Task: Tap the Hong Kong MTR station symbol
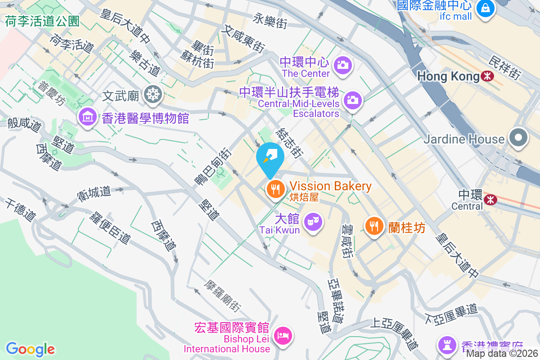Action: click(x=487, y=76)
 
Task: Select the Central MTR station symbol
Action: click(x=490, y=198)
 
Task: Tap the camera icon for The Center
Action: click(x=343, y=65)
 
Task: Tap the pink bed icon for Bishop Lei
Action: click(x=283, y=335)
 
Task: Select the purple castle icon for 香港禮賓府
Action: click(x=447, y=346)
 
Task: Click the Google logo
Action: click(x=30, y=349)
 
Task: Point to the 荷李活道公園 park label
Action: click(x=42, y=21)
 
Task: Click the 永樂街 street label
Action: click(x=270, y=21)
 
